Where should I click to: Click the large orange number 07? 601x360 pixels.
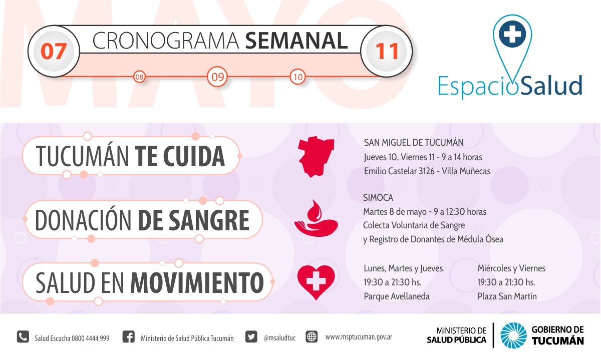tap(54, 51)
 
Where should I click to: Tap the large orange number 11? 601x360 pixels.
tap(387, 51)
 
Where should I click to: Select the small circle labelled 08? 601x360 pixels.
tap(139, 77)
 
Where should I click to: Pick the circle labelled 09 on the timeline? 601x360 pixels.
tap(217, 77)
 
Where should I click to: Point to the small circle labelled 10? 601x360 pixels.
tap(297, 77)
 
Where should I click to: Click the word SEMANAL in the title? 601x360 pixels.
tap(296, 41)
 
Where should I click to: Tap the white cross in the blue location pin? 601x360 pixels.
tap(512, 34)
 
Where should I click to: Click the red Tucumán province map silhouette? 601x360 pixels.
tap(316, 157)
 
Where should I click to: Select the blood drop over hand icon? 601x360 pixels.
tap(316, 218)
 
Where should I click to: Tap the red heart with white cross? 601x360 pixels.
tap(316, 282)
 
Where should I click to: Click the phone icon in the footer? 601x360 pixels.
tap(23, 336)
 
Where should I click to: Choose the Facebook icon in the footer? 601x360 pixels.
tap(129, 336)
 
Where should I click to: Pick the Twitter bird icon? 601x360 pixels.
tap(251, 336)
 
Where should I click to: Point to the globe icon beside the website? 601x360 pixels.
tap(312, 336)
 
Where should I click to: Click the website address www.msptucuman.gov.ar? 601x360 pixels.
tap(359, 337)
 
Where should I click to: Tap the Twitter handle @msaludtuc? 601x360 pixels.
tap(279, 338)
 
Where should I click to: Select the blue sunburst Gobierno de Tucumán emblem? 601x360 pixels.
tap(513, 335)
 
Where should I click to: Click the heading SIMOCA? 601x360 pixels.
tap(378, 198)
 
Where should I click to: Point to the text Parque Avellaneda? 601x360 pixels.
tap(397, 296)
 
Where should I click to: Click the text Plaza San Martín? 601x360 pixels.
tap(507, 296)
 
